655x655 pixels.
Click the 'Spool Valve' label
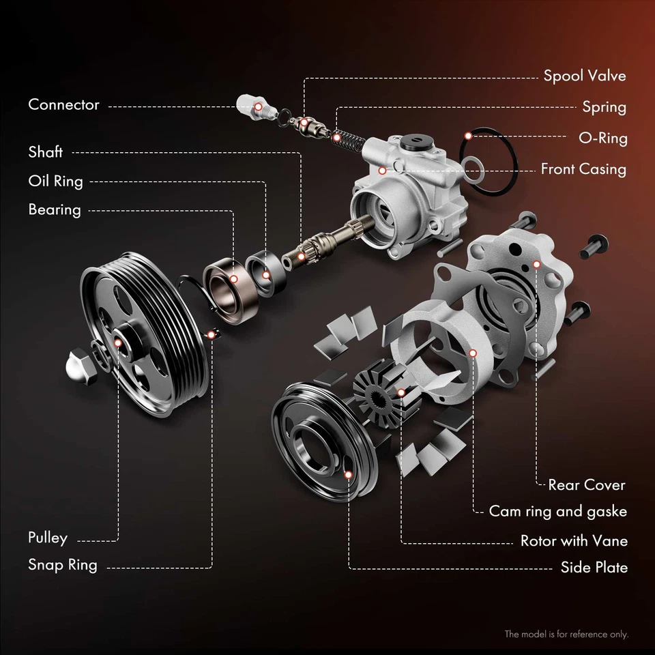click(584, 76)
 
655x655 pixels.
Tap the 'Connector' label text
click(63, 105)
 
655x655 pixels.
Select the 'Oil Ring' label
click(55, 181)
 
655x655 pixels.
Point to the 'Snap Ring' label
click(62, 565)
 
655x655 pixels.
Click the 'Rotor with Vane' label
click(574, 541)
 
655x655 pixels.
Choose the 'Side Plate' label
click(594, 568)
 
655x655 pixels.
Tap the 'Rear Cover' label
click(586, 485)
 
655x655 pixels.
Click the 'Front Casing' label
click(583, 169)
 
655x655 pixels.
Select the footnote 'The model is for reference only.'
click(566, 635)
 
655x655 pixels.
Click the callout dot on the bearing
click(233, 279)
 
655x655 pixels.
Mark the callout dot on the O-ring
click(468, 136)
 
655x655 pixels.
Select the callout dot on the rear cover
click(537, 264)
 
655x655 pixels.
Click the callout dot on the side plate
click(349, 474)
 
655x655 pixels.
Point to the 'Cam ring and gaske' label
click(557, 512)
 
